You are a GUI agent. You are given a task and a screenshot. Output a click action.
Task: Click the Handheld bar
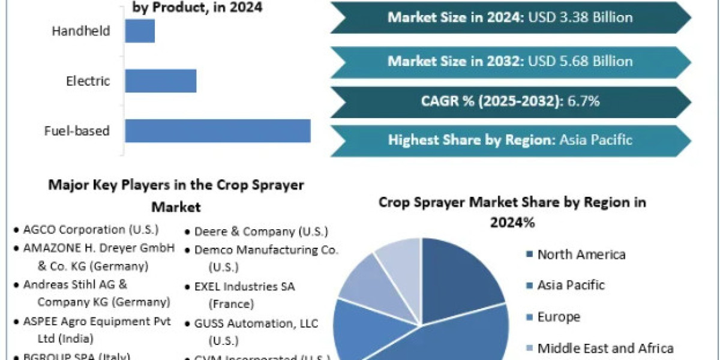(140, 31)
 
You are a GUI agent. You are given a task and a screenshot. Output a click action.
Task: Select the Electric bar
(160, 80)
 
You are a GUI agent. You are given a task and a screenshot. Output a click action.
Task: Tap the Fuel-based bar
(217, 130)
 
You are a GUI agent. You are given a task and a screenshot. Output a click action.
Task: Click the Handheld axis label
(82, 31)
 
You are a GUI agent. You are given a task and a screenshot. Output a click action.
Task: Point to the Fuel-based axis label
(77, 130)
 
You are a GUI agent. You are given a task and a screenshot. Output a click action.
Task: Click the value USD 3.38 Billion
(580, 17)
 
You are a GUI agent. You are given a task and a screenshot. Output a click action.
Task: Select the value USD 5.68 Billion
(580, 61)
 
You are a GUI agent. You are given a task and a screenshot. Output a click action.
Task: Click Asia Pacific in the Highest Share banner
(596, 140)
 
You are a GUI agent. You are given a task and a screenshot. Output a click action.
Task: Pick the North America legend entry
(581, 254)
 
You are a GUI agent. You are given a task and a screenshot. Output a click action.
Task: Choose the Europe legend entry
(559, 317)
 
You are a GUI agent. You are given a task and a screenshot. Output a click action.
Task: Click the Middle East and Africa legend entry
(605, 348)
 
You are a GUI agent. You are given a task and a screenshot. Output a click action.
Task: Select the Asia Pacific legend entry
(571, 285)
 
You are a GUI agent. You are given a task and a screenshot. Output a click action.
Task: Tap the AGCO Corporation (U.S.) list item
(91, 229)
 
